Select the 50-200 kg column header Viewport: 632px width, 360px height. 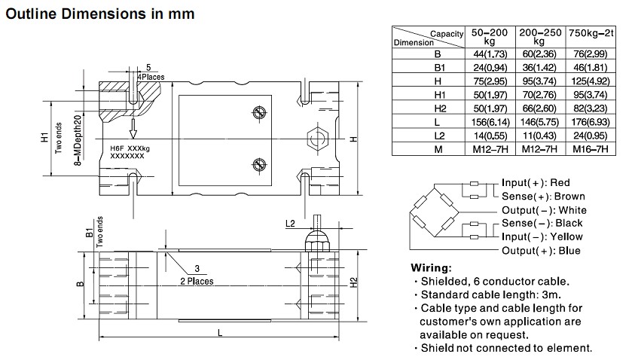(489, 38)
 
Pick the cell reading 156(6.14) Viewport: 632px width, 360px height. (489, 122)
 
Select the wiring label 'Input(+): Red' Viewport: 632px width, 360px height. (536, 183)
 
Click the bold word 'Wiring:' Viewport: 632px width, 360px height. (431, 268)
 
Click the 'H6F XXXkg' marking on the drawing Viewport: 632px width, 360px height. (130, 149)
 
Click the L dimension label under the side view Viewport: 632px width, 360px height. (218, 331)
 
